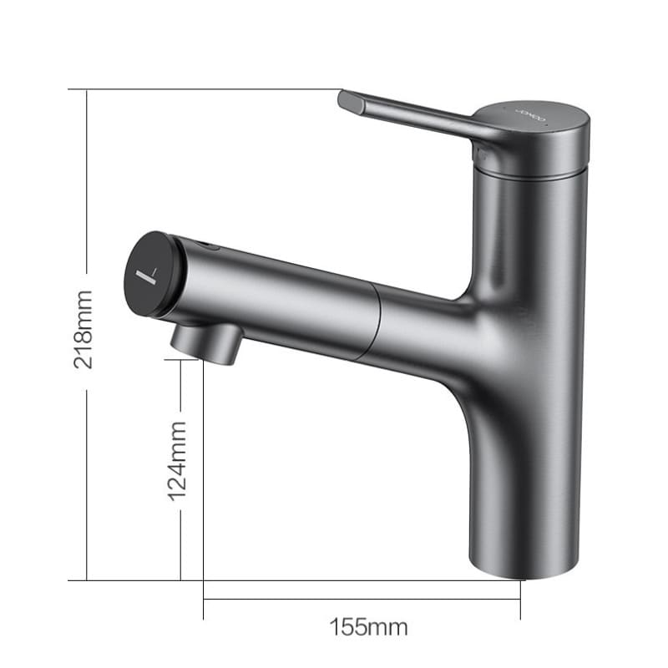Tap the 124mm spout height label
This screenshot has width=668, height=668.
pos(178,460)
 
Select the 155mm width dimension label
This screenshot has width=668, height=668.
pos(368,625)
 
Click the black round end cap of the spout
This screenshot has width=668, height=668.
pos(152,274)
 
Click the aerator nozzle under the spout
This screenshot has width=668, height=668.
pos(206,342)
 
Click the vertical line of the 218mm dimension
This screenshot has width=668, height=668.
pos(87,209)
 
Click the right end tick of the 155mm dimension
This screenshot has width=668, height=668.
pos(520,598)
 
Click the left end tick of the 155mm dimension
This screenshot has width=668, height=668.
pos(203,598)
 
